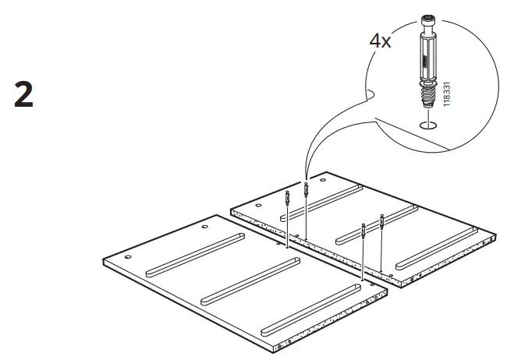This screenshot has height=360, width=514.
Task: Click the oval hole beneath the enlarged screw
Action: coord(427,125)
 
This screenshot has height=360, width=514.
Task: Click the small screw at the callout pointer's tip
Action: coord(306,188)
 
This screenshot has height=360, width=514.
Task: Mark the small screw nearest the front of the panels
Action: coord(363,229)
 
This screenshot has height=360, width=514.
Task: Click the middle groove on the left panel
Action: coord(250,278)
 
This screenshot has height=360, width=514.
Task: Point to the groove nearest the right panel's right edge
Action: coord(438,246)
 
